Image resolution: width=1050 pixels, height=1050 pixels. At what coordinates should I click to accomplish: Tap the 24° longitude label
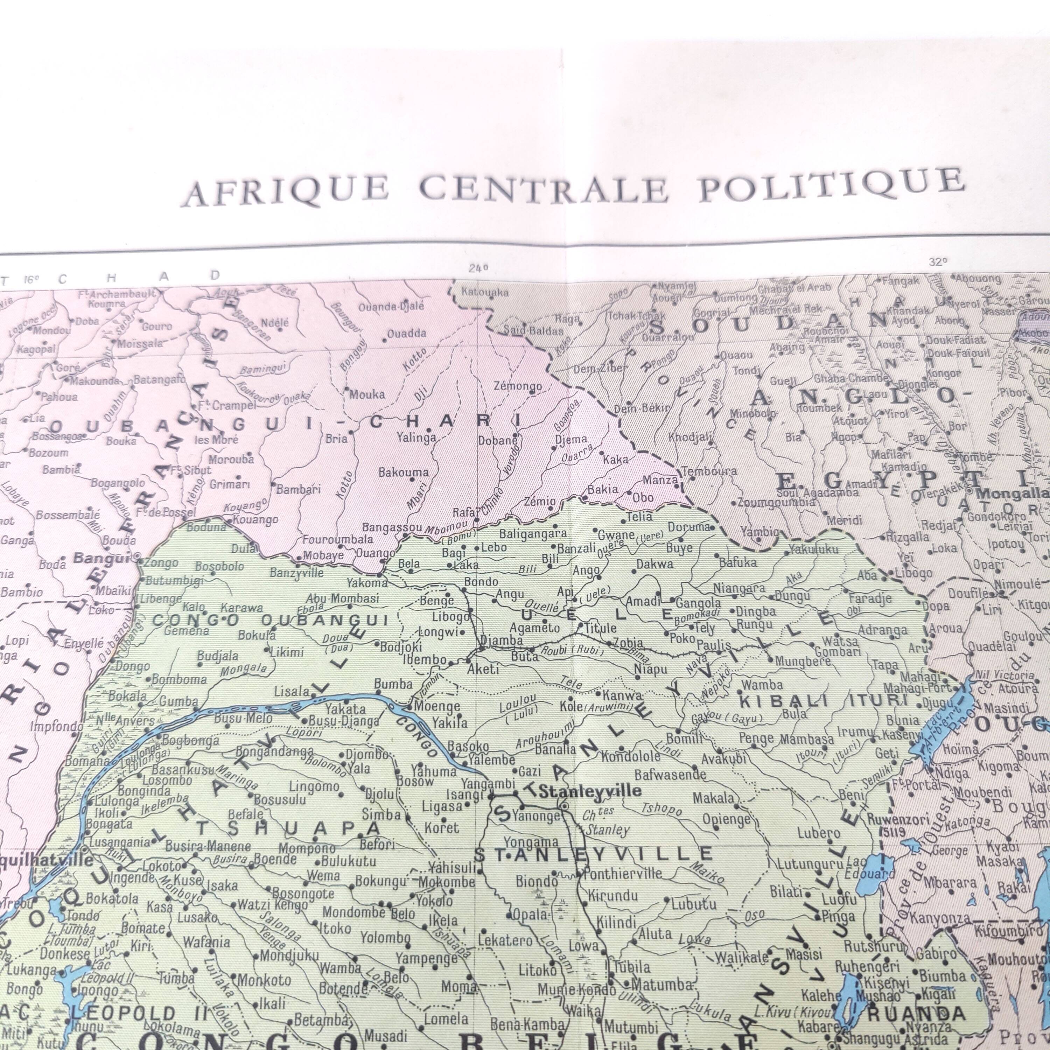pyautogui.click(x=478, y=267)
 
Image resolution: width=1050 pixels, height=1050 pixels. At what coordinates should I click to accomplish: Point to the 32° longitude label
pyautogui.click(x=938, y=261)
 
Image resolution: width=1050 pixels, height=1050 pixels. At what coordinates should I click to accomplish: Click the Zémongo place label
pyautogui.click(x=517, y=386)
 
